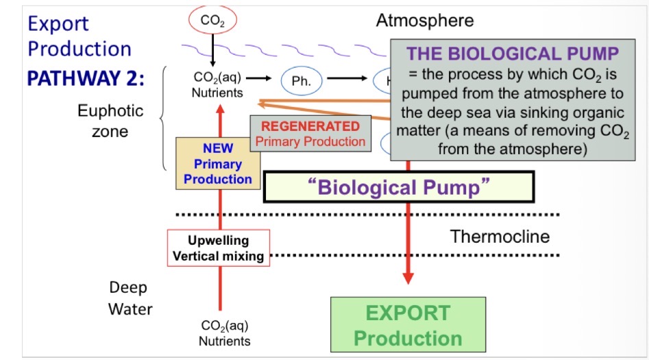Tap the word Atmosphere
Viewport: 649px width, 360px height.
(x=424, y=21)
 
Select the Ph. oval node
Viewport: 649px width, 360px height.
(x=302, y=81)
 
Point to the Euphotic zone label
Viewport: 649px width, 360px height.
(x=110, y=121)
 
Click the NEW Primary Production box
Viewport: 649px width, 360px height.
(x=218, y=164)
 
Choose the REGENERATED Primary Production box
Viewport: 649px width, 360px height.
(x=310, y=134)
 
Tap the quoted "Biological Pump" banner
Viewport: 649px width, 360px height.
(x=398, y=187)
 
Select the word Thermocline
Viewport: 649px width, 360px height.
(x=500, y=237)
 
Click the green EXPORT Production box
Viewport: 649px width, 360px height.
(x=408, y=325)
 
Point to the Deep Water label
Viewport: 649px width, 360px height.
(x=130, y=298)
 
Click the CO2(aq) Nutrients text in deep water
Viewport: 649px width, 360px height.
(x=224, y=333)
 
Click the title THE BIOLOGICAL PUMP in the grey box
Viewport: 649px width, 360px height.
(x=513, y=53)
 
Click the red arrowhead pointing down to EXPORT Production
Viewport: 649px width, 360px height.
(x=408, y=277)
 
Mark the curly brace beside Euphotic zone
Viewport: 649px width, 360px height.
(x=164, y=119)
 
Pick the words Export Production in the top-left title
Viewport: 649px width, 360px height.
(x=79, y=36)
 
